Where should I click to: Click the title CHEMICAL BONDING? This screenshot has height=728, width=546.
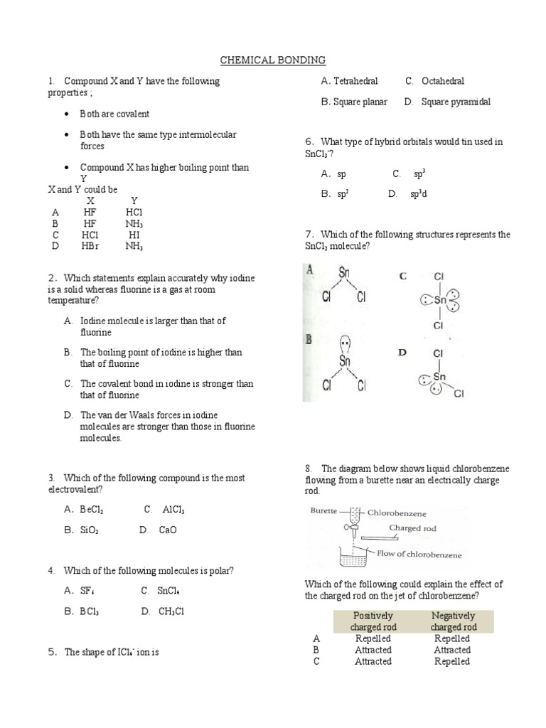(x=272, y=60)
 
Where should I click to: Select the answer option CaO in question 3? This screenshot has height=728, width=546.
(x=168, y=530)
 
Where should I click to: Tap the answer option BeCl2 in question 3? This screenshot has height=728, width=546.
(x=93, y=509)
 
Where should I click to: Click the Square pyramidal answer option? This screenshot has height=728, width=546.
(x=455, y=102)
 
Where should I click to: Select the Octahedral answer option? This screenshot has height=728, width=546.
(x=442, y=81)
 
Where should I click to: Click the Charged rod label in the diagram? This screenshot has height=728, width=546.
(x=412, y=528)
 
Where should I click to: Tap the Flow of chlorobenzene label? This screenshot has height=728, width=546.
(x=419, y=555)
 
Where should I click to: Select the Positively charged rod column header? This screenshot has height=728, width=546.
(x=373, y=621)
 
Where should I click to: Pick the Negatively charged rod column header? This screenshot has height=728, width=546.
(x=453, y=621)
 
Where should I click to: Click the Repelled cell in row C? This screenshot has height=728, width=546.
(x=452, y=661)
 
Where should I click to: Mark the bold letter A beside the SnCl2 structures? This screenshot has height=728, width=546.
(x=309, y=270)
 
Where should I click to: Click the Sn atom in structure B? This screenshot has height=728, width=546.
(x=345, y=361)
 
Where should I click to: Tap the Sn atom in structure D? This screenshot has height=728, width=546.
(x=439, y=376)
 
